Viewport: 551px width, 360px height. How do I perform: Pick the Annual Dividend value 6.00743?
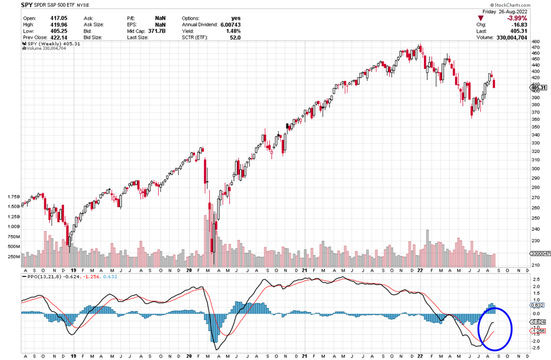point(228,24)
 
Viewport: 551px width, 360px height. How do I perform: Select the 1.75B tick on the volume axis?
point(13,197)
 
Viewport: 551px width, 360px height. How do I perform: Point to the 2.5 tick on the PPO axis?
point(536,287)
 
